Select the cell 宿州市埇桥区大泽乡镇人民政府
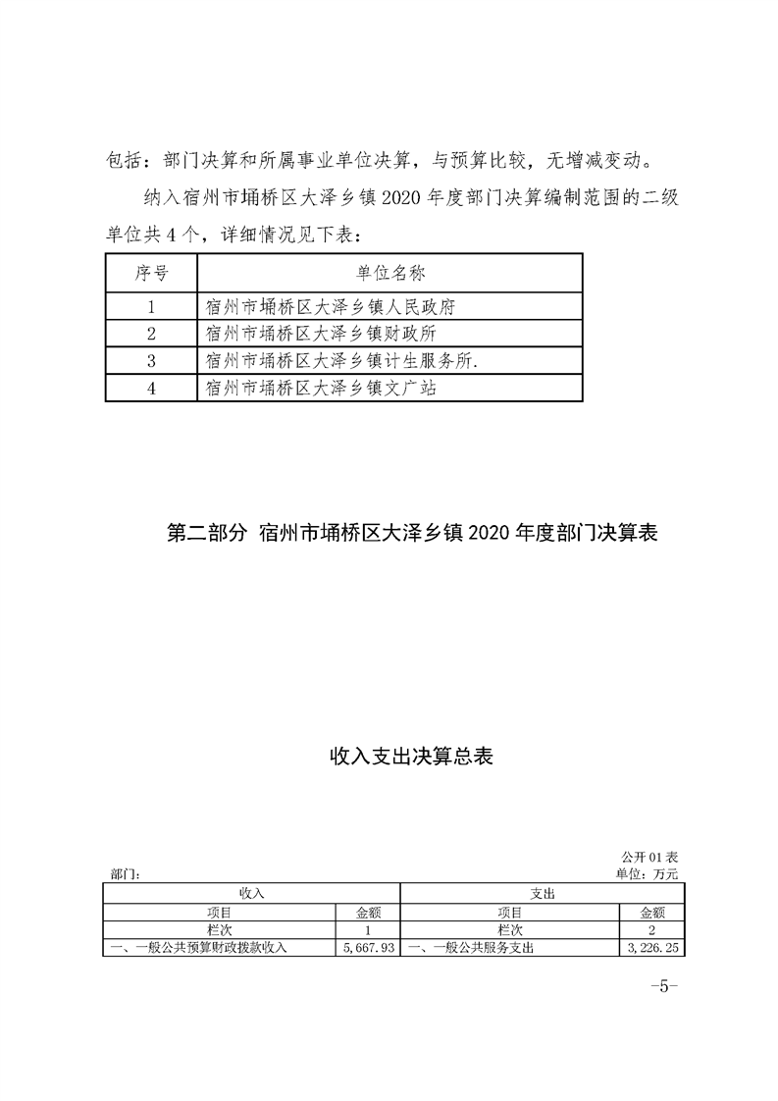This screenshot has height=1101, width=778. pyautogui.click(x=331, y=306)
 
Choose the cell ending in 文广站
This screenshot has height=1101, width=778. pyautogui.click(x=320, y=389)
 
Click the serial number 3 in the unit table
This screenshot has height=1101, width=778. pyautogui.click(x=151, y=361)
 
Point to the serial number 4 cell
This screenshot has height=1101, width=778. pyautogui.click(x=151, y=389)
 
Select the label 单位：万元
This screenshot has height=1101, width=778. pyautogui.click(x=647, y=872)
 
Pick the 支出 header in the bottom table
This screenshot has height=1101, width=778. pyautogui.click(x=543, y=894)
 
